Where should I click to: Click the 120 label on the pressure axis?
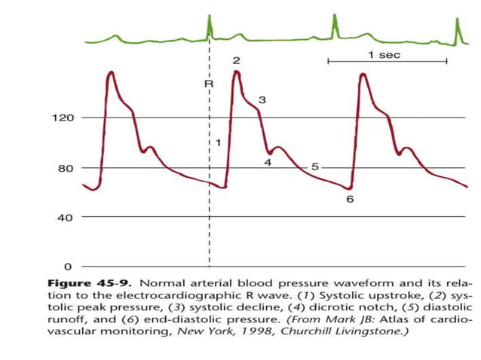pyautogui.click(x=62, y=118)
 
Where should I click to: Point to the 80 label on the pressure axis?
pyautogui.click(x=65, y=168)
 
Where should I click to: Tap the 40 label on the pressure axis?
pyautogui.click(x=65, y=218)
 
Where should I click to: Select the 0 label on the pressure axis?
pyautogui.click(x=68, y=267)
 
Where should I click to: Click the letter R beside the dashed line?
pyautogui.click(x=209, y=84)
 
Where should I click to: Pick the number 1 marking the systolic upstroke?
pyautogui.click(x=218, y=142)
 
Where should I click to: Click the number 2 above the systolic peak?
pyautogui.click(x=236, y=60)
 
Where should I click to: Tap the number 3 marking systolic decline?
pyautogui.click(x=262, y=99)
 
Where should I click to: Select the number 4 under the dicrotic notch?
pyautogui.click(x=268, y=162)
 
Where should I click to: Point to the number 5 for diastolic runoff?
pyautogui.click(x=314, y=166)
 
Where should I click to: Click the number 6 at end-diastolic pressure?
pyautogui.click(x=350, y=200)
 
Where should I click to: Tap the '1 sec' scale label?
pyautogui.click(x=384, y=54)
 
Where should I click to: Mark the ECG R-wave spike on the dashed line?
pyautogui.click(x=209, y=29)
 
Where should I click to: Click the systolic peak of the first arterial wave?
pyautogui.click(x=111, y=73)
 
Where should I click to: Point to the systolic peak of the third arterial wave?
pyautogui.click(x=363, y=74)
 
